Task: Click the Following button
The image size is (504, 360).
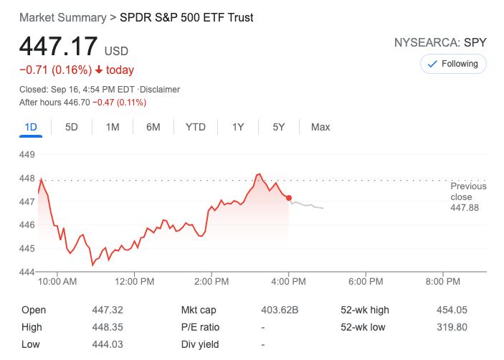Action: pyautogui.click(x=452, y=64)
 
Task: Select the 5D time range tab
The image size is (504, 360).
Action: pyautogui.click(x=72, y=127)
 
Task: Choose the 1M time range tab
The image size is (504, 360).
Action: pyautogui.click(x=113, y=127)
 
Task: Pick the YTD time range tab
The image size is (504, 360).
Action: pyautogui.click(x=195, y=127)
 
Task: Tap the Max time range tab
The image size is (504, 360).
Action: pyautogui.click(x=320, y=127)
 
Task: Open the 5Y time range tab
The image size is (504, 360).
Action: pyautogui.click(x=279, y=127)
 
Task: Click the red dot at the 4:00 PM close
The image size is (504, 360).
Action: pyautogui.click(x=289, y=198)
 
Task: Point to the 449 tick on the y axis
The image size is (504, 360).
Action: pyautogui.click(x=27, y=154)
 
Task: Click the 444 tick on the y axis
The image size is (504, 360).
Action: pyautogui.click(x=27, y=272)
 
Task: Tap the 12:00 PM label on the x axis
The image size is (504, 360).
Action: pyautogui.click(x=135, y=283)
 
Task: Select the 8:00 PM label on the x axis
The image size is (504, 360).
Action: pyautogui.click(x=443, y=283)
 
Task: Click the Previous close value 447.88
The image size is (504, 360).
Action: pyautogui.click(x=465, y=208)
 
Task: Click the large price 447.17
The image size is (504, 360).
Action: pyautogui.click(x=58, y=47)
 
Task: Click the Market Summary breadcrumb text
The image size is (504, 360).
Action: pyautogui.click(x=62, y=17)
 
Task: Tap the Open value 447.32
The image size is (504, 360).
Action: pyautogui.click(x=106, y=311)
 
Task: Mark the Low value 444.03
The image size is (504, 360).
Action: pyautogui.click(x=106, y=344)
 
